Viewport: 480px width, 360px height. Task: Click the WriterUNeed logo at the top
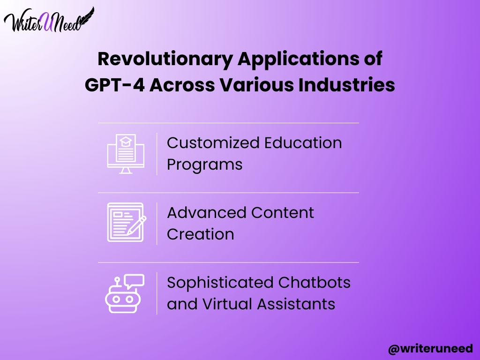pos(49,20)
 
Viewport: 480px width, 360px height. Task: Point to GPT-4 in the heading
pos(114,85)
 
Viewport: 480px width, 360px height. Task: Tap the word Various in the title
pos(257,85)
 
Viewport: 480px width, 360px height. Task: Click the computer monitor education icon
pos(126,154)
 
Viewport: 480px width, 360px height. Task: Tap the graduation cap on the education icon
pos(126,142)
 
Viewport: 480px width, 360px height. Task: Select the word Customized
pos(213,143)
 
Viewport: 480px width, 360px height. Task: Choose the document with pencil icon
pos(127,223)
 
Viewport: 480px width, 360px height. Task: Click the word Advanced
pos(207,213)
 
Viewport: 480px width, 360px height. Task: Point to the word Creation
pos(201,234)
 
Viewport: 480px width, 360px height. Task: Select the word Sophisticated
pos(220,283)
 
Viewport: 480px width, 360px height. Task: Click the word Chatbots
pos(315,283)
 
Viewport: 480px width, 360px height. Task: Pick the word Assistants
pos(296,304)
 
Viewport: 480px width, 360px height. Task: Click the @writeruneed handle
pos(431,349)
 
